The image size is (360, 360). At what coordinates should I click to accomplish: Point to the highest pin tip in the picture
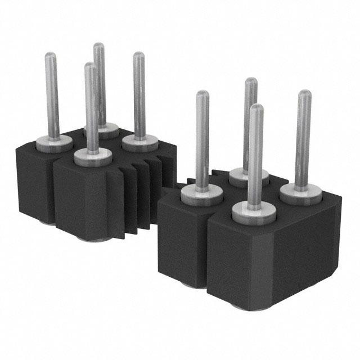point(99,46)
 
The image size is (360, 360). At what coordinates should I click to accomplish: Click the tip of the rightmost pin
point(304,93)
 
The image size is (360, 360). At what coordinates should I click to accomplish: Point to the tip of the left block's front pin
point(90,66)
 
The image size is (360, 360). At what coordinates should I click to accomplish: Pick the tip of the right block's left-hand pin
point(203,94)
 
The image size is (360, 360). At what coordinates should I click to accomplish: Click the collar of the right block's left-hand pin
point(201,194)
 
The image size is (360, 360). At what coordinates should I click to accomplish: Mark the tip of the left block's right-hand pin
point(138,56)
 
